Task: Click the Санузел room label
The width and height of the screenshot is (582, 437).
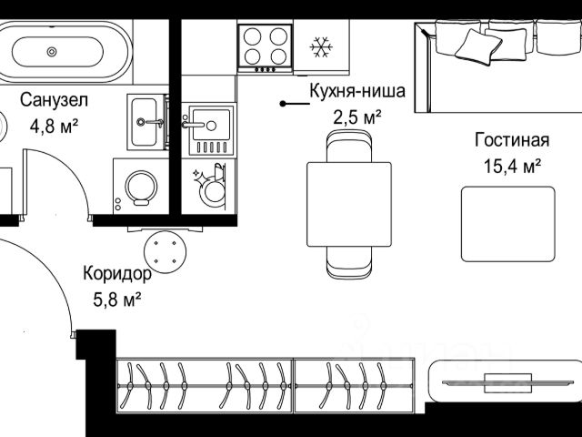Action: coord(54,100)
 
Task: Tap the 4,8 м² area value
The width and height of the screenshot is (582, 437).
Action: coord(54,127)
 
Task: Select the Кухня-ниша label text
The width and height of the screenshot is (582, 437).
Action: coord(357,91)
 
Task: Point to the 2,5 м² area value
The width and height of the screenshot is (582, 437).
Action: coord(357,117)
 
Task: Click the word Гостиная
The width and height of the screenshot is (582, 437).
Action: coord(512,140)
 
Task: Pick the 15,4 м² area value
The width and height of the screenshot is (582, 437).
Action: coord(512,166)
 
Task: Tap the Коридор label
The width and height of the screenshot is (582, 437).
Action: coord(117,274)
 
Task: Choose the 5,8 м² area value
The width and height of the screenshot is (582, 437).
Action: coord(117,300)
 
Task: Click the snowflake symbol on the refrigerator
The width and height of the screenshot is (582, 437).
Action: coord(321,46)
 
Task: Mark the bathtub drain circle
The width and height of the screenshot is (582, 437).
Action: coord(52,52)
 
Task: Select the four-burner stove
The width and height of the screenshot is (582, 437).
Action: coord(265,48)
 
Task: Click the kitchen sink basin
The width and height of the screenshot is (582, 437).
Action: coord(211,125)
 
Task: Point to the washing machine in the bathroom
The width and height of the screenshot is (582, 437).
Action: coord(141,186)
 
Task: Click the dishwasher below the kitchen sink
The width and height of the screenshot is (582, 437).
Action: coord(208,187)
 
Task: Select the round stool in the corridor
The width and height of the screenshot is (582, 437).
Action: coord(166,252)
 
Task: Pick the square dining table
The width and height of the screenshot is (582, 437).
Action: coord(349,204)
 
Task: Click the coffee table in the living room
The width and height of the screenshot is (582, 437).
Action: coord(508,224)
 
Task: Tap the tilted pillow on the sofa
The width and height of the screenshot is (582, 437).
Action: coord(479,47)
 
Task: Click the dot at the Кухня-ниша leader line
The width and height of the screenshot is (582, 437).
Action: coord(283,104)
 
